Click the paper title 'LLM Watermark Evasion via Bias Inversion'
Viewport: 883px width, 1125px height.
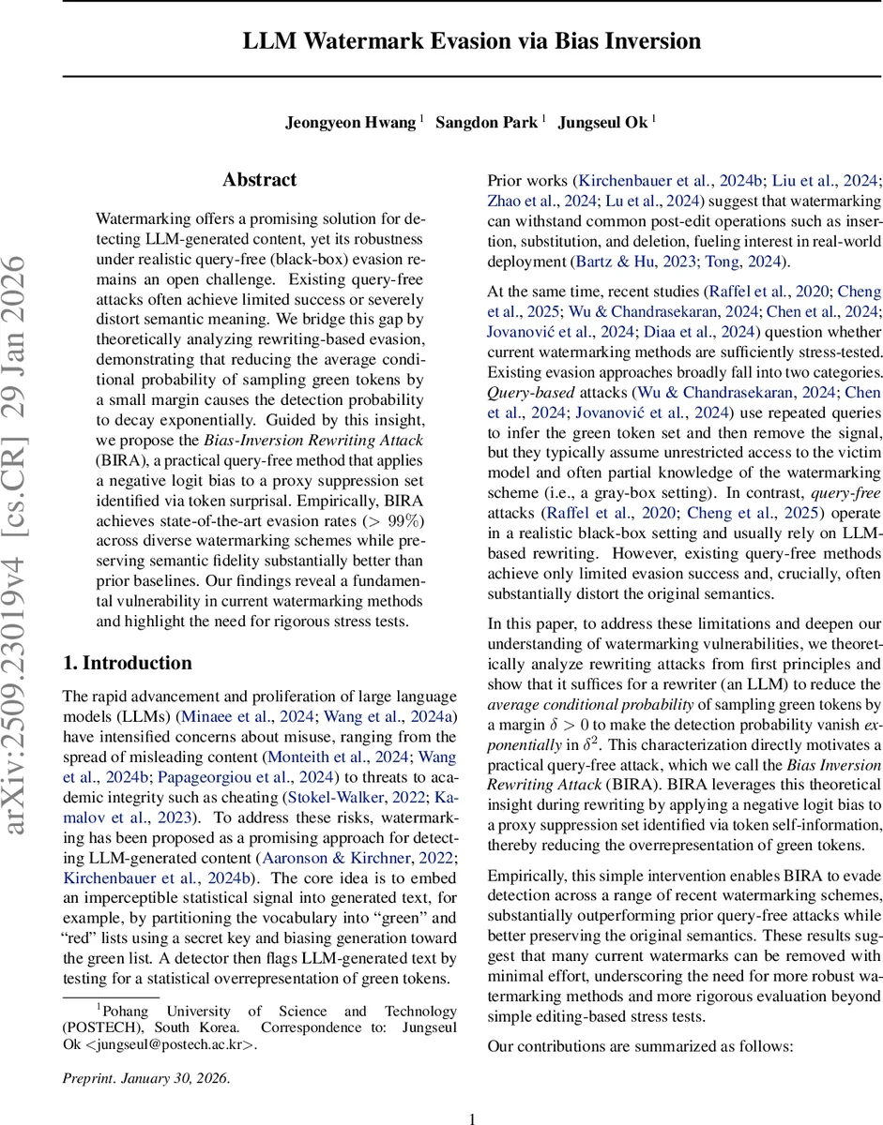pos(472,41)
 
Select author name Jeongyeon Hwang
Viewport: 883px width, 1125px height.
pos(351,122)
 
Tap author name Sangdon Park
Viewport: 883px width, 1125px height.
pos(486,122)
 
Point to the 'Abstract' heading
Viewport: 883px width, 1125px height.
pos(260,180)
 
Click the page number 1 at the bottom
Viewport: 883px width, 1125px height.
pos(472,1117)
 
